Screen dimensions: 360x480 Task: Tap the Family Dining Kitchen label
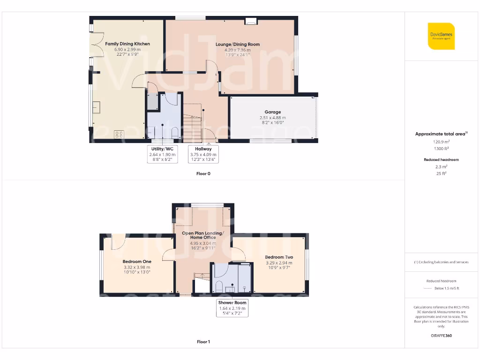[127, 44]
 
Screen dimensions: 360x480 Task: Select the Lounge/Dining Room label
[237, 45]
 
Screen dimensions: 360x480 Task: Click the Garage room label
[272, 112]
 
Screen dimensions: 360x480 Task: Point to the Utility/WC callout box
[162, 154]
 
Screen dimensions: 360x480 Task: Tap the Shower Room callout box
[232, 308]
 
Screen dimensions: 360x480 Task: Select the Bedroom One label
[136, 262]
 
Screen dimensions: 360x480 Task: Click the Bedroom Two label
[279, 257]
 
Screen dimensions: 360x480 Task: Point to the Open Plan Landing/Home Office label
[202, 235]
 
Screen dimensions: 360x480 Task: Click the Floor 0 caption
[203, 173]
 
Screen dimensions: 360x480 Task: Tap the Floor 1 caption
[203, 342]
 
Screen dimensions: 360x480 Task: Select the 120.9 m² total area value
[441, 141]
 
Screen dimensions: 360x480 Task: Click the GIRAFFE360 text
[441, 336]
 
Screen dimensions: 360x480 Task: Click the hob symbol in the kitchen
[118, 134]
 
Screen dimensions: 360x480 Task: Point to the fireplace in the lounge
[251, 21]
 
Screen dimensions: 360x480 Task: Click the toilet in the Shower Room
[219, 286]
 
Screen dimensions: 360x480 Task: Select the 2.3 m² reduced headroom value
[441, 166]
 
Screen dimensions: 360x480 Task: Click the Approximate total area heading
[441, 134]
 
